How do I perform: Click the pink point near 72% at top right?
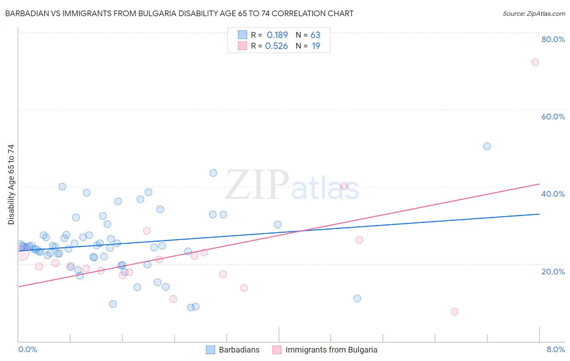click(535, 62)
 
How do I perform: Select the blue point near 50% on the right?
click(487, 146)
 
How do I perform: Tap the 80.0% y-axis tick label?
click(553, 39)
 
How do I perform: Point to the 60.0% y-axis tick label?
click(553, 117)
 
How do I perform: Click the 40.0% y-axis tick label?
click(553, 194)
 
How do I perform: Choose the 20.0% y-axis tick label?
click(553, 271)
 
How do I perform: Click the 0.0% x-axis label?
click(28, 349)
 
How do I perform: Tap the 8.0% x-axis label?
click(555, 349)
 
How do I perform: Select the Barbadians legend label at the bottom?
click(239, 350)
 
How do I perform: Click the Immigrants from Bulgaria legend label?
click(331, 350)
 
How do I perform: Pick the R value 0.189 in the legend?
click(277, 35)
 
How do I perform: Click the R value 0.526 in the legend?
click(276, 46)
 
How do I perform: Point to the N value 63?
click(315, 35)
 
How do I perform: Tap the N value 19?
click(316, 46)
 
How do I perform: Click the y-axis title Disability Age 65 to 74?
click(11, 185)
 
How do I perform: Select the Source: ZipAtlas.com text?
click(534, 14)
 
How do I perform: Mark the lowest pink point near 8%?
click(454, 312)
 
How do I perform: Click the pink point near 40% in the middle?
click(344, 186)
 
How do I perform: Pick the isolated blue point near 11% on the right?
click(357, 299)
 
